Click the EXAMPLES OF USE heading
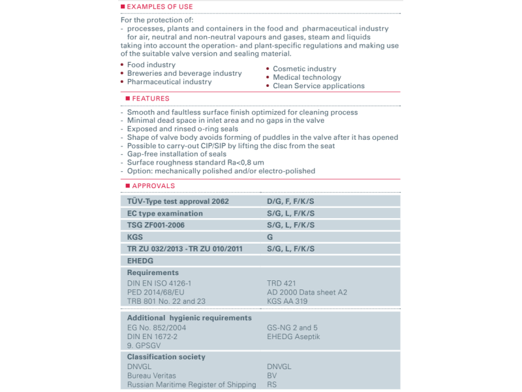160,7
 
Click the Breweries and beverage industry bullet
184,74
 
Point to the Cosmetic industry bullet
304,69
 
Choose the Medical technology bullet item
307,78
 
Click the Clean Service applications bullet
318,86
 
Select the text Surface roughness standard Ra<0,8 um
195,163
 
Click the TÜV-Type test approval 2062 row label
178,202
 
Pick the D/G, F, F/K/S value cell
291,202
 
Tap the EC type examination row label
165,214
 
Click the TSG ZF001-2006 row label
156,225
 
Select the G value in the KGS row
270,237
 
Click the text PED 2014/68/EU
156,292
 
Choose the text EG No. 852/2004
157,328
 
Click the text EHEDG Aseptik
294,337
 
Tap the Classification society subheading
166,357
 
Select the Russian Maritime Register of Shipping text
192,385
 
